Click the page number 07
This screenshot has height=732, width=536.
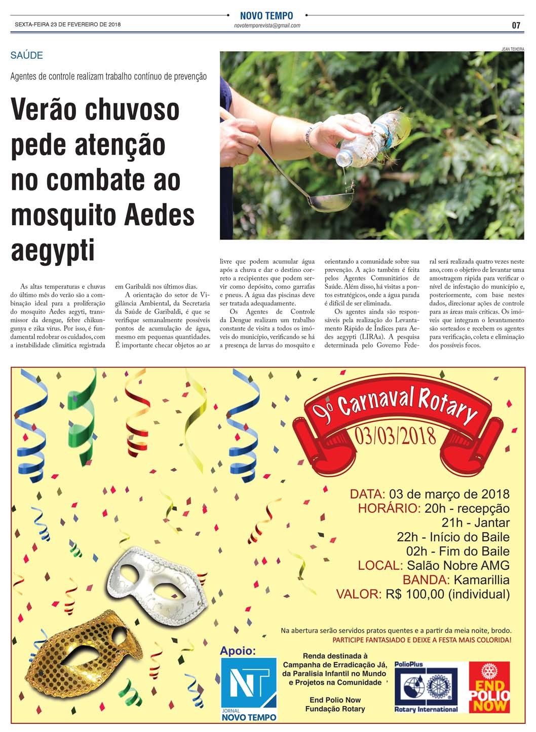[516, 25]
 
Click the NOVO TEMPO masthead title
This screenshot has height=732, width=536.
[266, 16]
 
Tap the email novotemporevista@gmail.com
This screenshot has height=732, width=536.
[267, 25]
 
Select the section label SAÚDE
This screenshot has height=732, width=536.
[26, 55]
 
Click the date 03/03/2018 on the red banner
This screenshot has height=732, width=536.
[395, 436]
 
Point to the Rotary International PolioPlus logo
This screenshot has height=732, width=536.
[426, 688]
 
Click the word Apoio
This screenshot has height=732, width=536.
[238, 650]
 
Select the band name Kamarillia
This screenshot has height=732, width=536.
[481, 579]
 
